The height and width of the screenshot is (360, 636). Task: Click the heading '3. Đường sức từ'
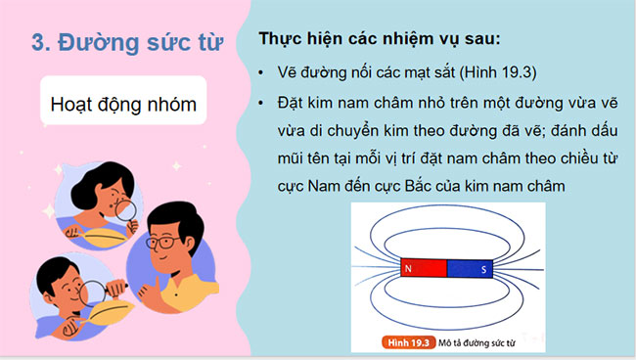127,43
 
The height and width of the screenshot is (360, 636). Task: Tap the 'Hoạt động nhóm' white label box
122,105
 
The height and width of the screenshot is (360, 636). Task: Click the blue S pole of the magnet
472,266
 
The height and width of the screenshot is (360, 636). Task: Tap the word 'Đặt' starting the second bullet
294,102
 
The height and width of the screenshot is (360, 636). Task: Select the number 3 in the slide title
39,43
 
